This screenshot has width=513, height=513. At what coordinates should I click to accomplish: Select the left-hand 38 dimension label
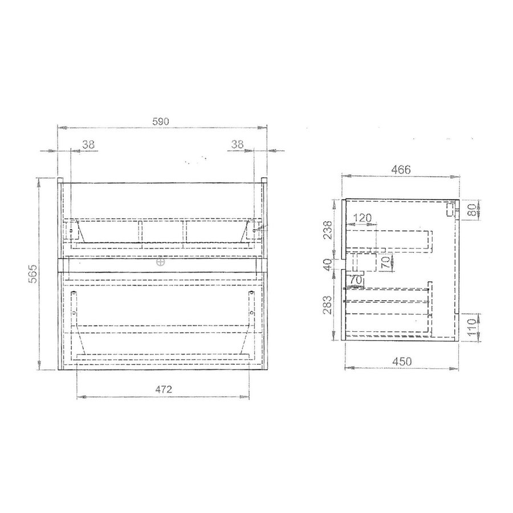tap(88, 145)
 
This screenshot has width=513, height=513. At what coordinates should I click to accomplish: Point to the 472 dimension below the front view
tap(164, 390)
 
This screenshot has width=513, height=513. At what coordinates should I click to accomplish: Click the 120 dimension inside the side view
tap(362, 218)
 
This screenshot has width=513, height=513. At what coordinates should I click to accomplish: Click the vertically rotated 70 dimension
tap(385, 263)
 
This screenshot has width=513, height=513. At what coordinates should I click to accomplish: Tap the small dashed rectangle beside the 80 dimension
tap(450, 210)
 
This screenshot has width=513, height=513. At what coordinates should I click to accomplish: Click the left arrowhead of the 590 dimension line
tap(62, 128)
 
